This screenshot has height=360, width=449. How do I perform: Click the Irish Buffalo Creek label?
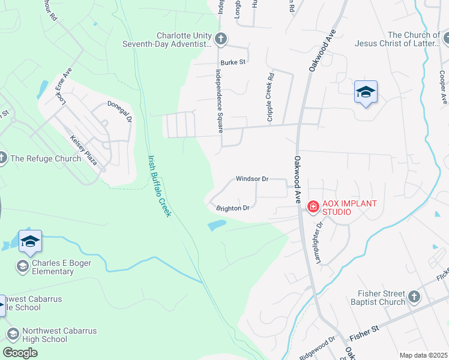[x=157, y=185]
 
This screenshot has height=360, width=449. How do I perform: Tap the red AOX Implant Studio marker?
[x=313, y=207]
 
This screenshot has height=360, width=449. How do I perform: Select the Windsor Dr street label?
[x=252, y=179]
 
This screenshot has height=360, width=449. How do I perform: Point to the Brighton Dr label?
[x=233, y=208]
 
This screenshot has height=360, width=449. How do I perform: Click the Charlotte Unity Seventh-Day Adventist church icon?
[x=221, y=39]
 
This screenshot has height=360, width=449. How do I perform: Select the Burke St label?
[x=233, y=62]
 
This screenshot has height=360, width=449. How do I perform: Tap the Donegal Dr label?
[x=119, y=112]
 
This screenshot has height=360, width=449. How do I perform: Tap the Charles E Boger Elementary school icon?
[x=23, y=266]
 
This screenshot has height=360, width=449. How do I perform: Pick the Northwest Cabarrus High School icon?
[x=13, y=334]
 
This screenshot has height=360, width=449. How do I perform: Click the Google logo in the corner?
[x=20, y=352]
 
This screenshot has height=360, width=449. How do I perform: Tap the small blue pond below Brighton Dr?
[x=217, y=226]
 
